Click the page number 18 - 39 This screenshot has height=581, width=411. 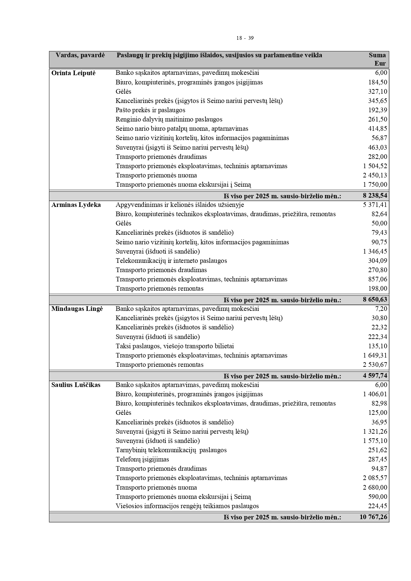click(245, 38)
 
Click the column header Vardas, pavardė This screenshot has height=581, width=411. click(80, 55)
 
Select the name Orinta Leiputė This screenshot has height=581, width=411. click(73, 73)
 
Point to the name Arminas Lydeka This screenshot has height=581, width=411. click(76, 205)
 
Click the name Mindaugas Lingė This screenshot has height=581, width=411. click(77, 309)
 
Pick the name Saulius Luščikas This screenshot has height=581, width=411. click(76, 385)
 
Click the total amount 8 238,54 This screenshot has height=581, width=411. click(375, 196)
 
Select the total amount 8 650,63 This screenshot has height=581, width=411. click(375, 300)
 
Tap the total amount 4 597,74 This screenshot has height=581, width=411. click(375, 376)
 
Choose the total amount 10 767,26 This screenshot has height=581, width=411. click(373, 517)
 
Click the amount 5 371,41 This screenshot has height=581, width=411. click(375, 205)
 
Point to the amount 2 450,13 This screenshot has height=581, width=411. click(375, 175)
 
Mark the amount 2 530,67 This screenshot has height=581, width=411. click(375, 365)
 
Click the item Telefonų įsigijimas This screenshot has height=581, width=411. click(142, 460)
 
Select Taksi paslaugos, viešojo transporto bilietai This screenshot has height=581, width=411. click(175, 346)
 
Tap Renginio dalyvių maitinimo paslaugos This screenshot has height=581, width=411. click(169, 120)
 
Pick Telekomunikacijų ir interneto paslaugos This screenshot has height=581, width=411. click(171, 261)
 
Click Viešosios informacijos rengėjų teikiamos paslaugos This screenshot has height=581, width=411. click(187, 506)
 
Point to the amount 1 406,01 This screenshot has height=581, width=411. click(375, 394)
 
